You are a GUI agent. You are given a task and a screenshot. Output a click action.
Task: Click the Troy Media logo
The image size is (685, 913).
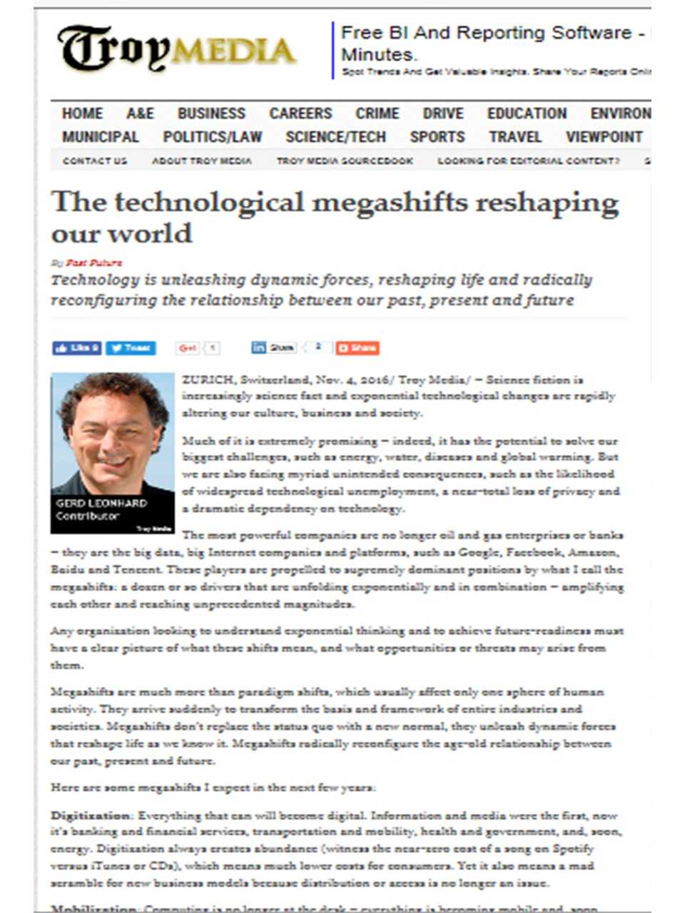pyautogui.click(x=176, y=49)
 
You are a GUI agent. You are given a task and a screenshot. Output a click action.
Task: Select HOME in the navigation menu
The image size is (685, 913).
pyautogui.click(x=82, y=113)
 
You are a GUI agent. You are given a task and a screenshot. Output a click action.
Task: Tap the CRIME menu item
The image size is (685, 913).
pyautogui.click(x=377, y=113)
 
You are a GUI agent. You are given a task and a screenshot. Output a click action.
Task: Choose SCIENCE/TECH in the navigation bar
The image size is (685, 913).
pyautogui.click(x=335, y=137)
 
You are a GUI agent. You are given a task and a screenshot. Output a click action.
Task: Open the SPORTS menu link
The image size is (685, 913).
pyautogui.click(x=437, y=137)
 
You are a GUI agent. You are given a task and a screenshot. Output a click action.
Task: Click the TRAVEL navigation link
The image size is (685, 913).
pyautogui.click(x=515, y=137)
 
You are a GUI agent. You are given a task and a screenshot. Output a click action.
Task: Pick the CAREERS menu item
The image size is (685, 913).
pyautogui.click(x=300, y=113)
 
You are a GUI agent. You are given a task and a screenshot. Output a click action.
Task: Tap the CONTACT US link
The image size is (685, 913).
pyautogui.click(x=94, y=161)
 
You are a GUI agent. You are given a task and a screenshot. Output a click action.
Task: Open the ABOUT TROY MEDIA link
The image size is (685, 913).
pyautogui.click(x=202, y=161)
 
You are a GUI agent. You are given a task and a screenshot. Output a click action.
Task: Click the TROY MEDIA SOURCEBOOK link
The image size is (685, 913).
pyautogui.click(x=345, y=161)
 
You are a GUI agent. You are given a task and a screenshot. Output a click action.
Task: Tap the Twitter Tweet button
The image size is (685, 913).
pyautogui.click(x=131, y=348)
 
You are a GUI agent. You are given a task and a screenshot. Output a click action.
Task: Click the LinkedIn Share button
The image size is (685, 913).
pyautogui.click(x=273, y=348)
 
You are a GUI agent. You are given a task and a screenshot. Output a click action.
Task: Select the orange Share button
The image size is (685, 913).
pyautogui.click(x=357, y=348)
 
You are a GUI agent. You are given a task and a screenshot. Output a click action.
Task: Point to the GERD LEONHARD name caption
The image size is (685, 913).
pyautogui.click(x=101, y=503)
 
